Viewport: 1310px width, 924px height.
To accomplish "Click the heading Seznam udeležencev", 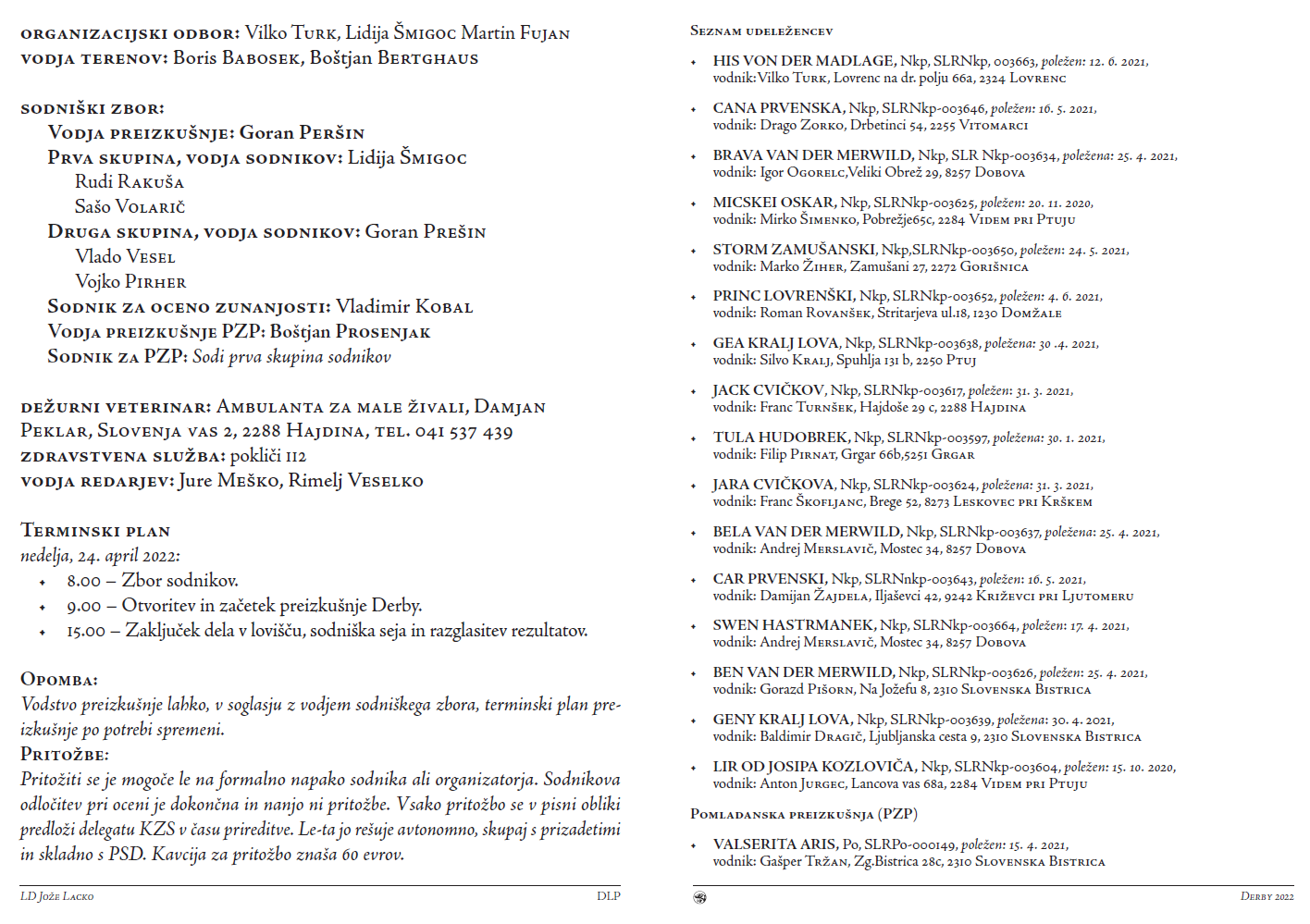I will [x=761, y=31].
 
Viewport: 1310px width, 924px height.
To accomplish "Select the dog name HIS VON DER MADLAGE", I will [x=803, y=61].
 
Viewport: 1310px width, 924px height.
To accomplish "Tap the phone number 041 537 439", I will [x=463, y=432].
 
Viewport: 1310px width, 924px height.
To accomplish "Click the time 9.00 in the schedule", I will [x=83, y=607].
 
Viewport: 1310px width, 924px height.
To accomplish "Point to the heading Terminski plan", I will [x=95, y=531].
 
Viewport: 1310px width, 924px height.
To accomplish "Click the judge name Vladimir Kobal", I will [x=404, y=307].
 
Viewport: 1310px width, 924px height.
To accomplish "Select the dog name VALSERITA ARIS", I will [x=774, y=844].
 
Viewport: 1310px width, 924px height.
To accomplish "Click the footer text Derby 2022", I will [x=1267, y=896].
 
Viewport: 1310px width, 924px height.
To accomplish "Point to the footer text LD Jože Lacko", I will [x=57, y=896].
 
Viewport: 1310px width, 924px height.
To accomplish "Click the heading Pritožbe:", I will [x=65, y=755].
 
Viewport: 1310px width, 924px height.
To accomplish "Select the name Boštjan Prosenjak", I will [x=351, y=332].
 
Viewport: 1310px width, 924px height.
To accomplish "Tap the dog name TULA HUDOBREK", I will [x=780, y=437].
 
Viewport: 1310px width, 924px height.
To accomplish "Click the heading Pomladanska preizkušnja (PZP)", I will [x=804, y=814].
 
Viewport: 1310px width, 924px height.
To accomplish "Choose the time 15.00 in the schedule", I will [x=86, y=632].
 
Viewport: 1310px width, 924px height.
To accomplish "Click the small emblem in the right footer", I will [x=700, y=897].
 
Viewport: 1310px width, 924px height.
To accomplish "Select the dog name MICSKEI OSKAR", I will [x=773, y=203].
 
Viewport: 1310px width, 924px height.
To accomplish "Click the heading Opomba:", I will [x=59, y=680].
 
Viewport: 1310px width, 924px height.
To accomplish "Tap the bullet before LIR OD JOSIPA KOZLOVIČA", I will [x=694, y=768].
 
